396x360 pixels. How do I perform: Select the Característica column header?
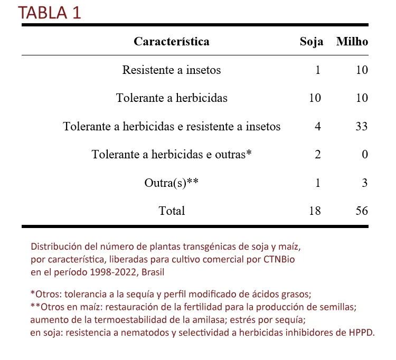point(171,42)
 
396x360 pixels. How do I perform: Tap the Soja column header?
point(311,42)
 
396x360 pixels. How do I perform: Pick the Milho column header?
point(352,42)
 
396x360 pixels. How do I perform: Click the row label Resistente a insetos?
point(171,70)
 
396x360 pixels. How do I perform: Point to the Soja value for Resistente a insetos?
point(317,70)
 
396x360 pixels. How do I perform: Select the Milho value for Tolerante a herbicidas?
point(362,98)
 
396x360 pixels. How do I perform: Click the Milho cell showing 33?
point(362,127)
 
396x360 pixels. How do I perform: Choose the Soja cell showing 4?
point(317,127)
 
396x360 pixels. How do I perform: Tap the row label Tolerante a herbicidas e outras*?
point(171,155)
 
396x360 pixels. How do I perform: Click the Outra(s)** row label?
point(171,183)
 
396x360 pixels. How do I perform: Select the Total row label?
point(172,211)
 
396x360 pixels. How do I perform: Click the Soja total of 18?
point(315,211)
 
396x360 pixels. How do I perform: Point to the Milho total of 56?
point(362,211)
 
